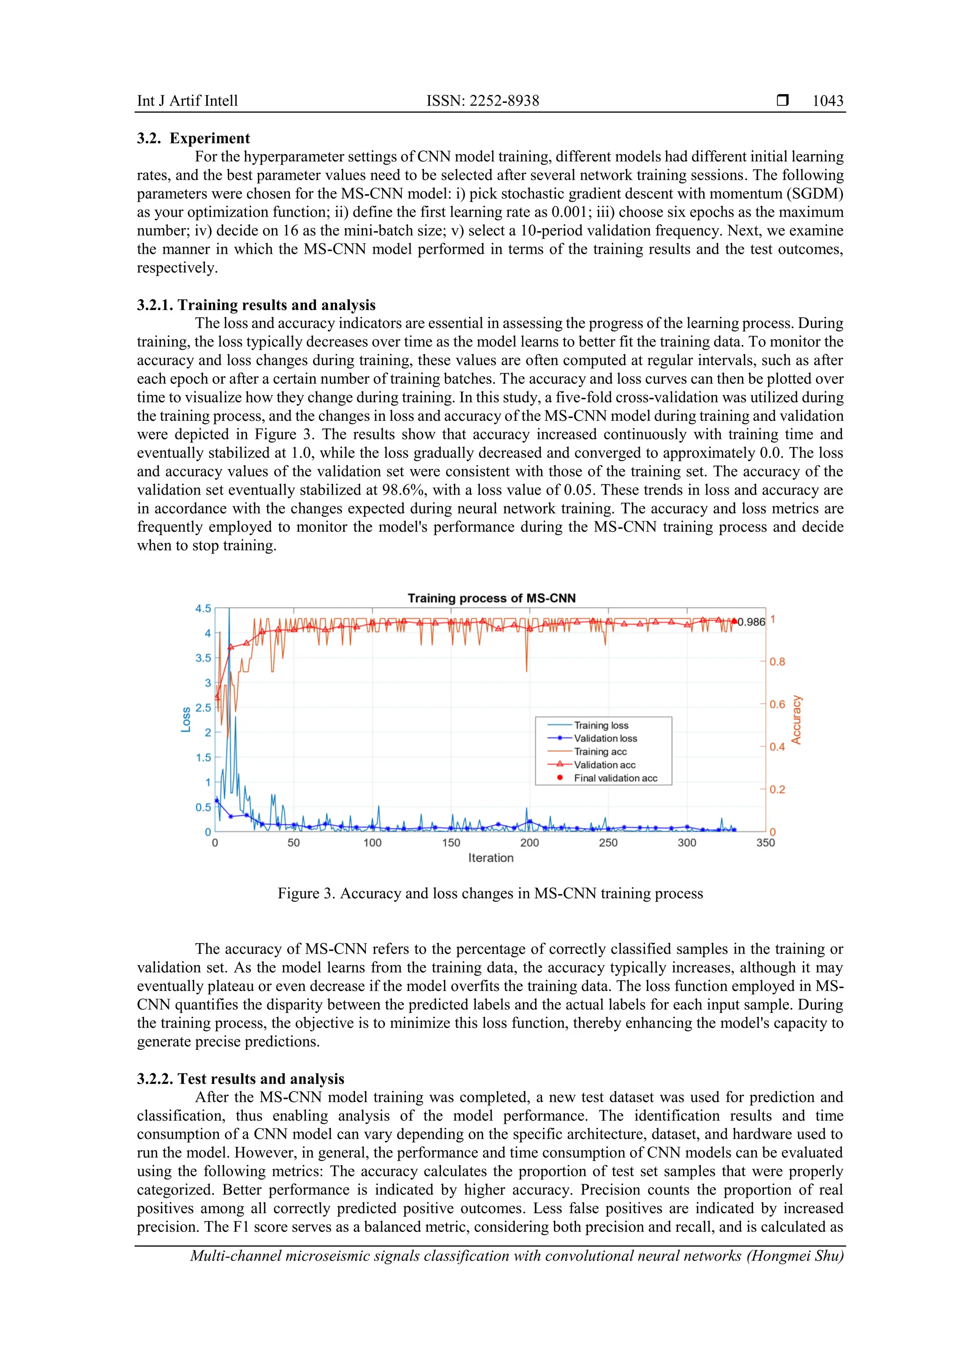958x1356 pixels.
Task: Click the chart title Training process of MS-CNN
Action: pos(491,598)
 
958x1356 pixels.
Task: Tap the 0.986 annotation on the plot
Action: pos(751,622)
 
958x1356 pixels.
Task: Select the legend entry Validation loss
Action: pos(605,738)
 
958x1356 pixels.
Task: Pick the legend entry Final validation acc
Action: pos(615,778)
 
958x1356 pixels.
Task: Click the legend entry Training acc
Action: pos(600,751)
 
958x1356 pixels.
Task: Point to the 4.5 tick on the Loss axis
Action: pos(203,608)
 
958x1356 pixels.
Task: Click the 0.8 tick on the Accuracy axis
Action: pos(777,661)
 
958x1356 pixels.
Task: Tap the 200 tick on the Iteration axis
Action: pos(530,843)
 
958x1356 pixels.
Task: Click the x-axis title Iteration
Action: pos(491,858)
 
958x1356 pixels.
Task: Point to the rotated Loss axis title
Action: pos(186,719)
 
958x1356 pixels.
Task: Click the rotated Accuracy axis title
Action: pos(796,719)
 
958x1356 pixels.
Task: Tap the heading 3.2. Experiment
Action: pos(194,138)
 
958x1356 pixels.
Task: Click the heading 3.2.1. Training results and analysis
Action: pos(256,305)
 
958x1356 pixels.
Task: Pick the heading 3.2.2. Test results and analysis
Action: pos(240,1078)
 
